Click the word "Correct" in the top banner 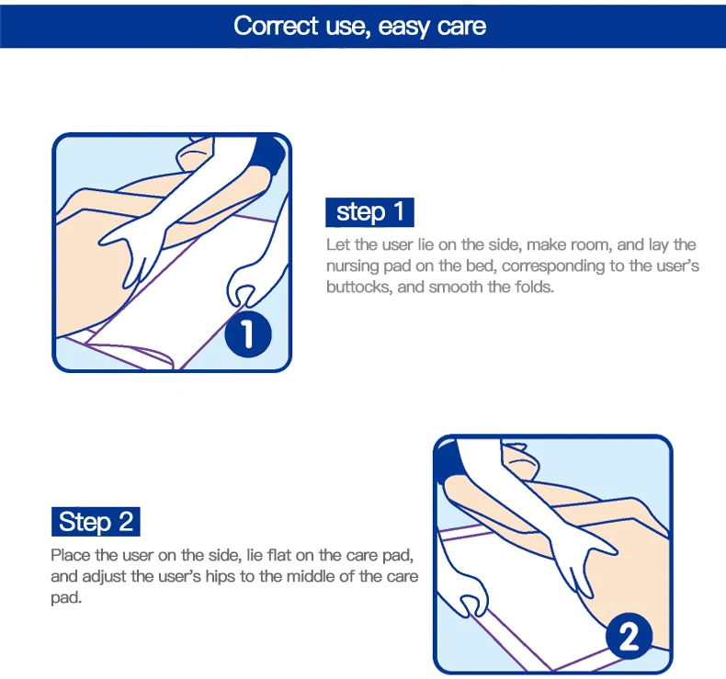pos(276,26)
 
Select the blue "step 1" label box pos(369,212)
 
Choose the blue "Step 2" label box pos(96,522)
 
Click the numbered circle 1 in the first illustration pos(248,334)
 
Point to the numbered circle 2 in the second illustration pos(629,636)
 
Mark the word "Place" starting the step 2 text pos(71,555)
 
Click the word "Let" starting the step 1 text pos(337,244)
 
